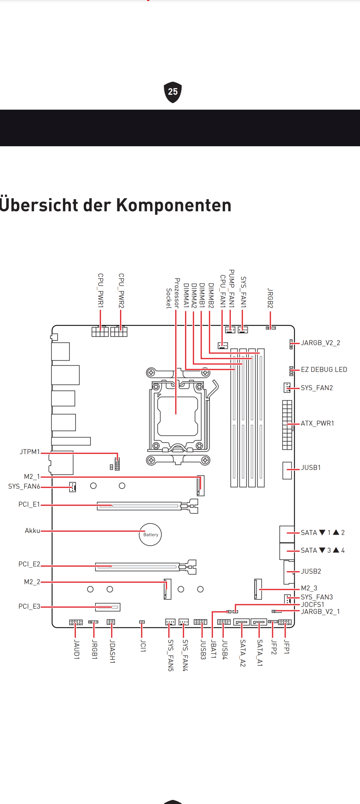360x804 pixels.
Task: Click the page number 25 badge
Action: tap(173, 92)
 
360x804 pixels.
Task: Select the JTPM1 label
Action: tap(30, 452)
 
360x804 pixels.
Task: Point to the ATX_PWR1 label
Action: tap(317, 423)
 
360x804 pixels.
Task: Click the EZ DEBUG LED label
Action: tap(324, 369)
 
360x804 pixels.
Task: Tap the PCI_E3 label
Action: tap(29, 606)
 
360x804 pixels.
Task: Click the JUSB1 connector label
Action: tap(311, 467)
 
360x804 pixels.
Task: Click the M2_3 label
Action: tap(309, 588)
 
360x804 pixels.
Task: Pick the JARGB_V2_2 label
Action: tap(320, 343)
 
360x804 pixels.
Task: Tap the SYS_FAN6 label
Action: tap(24, 486)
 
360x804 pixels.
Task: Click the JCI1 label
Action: tap(143, 646)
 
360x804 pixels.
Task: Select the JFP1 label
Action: tap(286, 647)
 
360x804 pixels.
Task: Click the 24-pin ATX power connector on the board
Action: tap(287, 425)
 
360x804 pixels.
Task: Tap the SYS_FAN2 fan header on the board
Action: tap(287, 388)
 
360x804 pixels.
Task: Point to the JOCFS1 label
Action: tap(312, 604)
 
